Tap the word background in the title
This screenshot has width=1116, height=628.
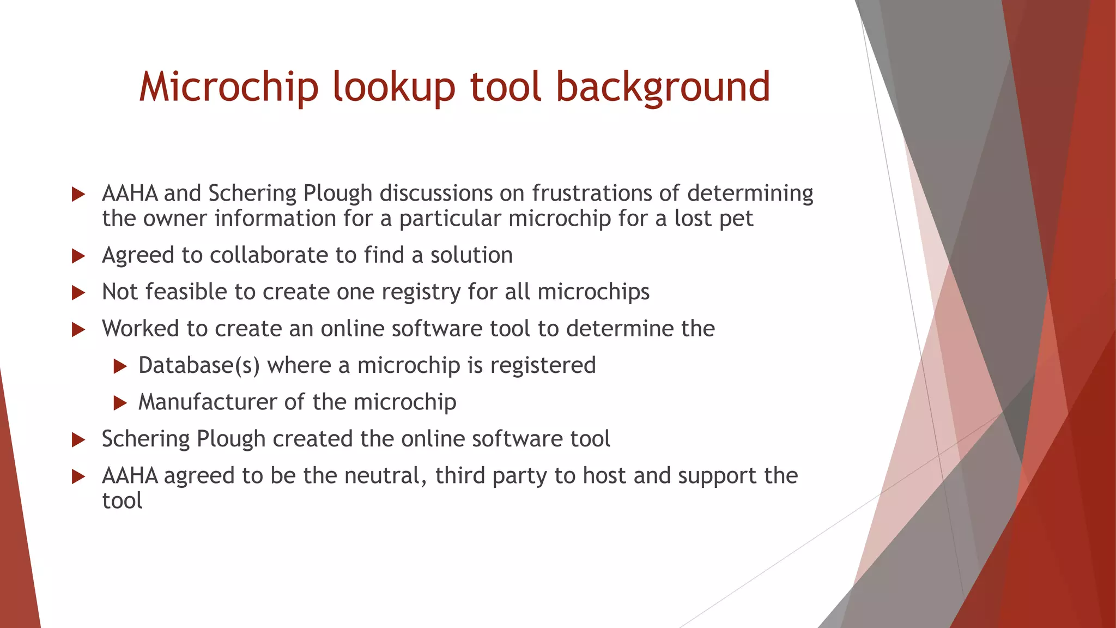[663, 87]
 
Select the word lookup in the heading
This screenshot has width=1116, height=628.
[393, 87]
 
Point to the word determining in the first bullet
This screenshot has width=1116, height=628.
[750, 193]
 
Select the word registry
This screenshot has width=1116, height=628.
[421, 292]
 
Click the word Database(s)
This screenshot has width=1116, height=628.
[199, 365]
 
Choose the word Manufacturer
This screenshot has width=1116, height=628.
[208, 402]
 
